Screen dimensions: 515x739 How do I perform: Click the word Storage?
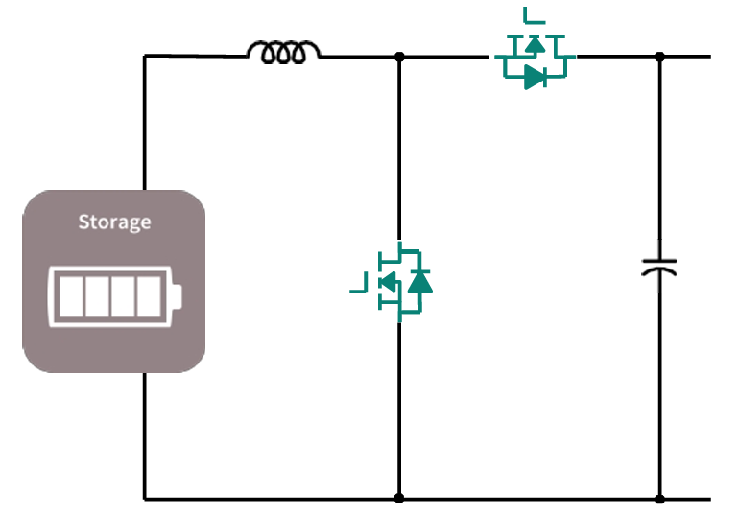pos(114,222)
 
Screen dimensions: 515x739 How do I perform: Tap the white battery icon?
pos(114,296)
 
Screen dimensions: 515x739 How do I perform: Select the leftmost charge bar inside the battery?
pos(71,296)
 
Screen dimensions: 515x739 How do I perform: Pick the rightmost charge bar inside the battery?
pos(149,296)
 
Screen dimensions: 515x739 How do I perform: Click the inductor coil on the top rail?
pos(283,52)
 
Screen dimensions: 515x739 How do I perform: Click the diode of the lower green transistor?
pos(419,281)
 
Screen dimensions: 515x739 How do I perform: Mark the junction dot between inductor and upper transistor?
pos(399,57)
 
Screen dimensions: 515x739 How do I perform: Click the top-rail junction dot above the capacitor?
pos(659,57)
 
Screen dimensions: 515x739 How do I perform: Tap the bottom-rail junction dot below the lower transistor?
pos(399,499)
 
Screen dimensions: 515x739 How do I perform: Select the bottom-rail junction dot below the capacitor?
pos(659,499)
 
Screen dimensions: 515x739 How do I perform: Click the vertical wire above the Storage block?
pos(145,125)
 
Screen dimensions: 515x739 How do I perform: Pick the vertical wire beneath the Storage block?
pos(145,436)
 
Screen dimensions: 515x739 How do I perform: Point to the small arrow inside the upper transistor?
pos(536,43)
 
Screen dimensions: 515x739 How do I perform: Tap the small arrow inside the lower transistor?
pos(389,281)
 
